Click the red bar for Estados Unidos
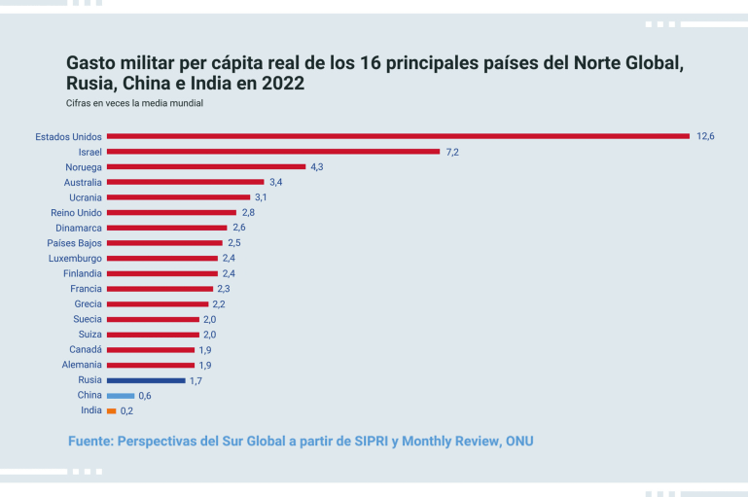398,136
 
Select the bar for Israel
273,152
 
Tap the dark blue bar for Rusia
146,380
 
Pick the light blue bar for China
121,396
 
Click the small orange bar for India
111,410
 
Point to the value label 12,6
705,136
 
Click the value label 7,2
452,152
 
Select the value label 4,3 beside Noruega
317,167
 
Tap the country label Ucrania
83,197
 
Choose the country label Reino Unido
76,212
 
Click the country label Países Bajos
74,243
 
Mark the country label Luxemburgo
75,258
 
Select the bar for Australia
185,182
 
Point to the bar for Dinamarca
166,228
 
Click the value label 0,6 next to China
145,396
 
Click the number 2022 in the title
282,84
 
